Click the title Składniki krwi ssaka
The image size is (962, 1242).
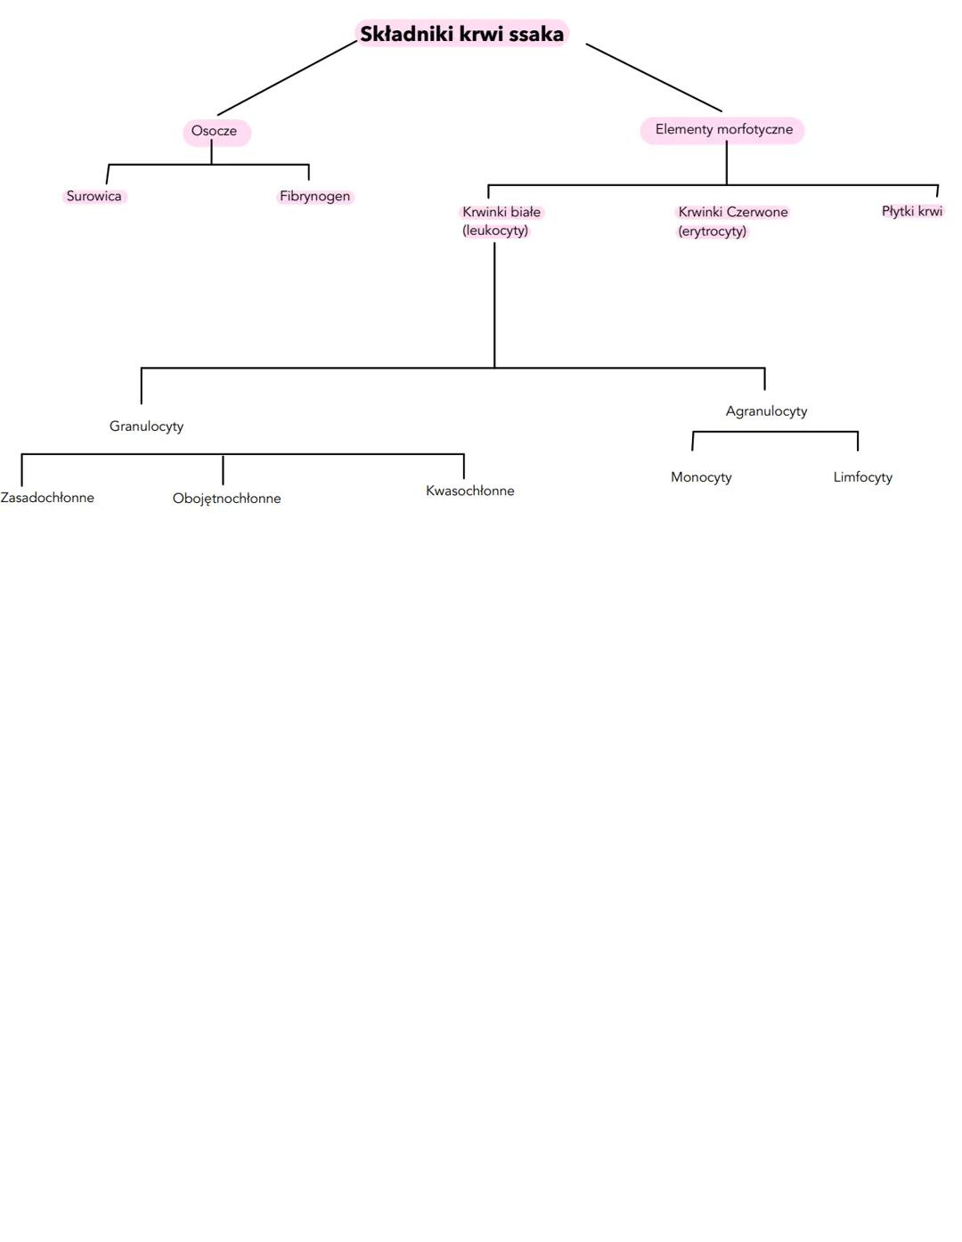461,34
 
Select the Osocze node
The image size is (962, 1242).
215,131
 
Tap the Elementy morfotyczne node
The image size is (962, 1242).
723,130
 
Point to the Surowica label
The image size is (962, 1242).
94,196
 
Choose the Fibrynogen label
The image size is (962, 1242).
314,196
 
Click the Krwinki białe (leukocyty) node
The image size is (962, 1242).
501,221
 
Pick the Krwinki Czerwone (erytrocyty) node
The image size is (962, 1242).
732,221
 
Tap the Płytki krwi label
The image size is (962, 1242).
911,211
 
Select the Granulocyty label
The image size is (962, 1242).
146,426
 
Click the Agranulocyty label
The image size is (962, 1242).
766,411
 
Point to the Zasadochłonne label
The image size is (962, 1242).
47,498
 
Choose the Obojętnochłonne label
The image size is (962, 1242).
226,499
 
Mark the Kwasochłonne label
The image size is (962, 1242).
469,491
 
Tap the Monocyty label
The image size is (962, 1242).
701,477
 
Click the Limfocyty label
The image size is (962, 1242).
862,477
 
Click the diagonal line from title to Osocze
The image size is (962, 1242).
287,78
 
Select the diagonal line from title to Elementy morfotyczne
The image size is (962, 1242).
654,77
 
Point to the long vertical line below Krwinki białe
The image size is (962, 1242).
494,303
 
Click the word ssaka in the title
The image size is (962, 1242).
536,34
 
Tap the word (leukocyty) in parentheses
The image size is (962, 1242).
495,231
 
